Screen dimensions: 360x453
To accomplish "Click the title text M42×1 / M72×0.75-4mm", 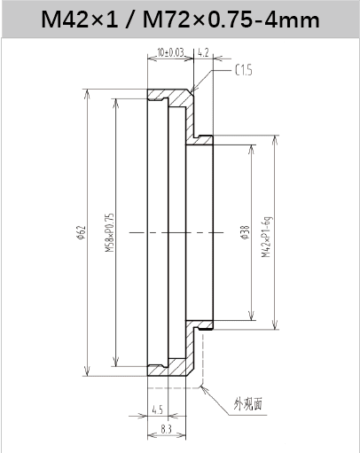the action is (180, 20).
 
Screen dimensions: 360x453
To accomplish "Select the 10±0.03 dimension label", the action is (170, 52).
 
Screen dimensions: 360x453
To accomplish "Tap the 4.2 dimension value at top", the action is (203, 52).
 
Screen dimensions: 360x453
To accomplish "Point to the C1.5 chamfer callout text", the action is (244, 70).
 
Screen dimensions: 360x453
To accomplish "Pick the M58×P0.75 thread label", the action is (109, 232).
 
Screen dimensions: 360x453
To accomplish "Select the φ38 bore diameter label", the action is (245, 232).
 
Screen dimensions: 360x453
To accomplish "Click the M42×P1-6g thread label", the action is (266, 237).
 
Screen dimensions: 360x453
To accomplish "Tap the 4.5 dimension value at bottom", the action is (157, 410).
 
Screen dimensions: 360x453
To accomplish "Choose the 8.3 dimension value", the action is (167, 429).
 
